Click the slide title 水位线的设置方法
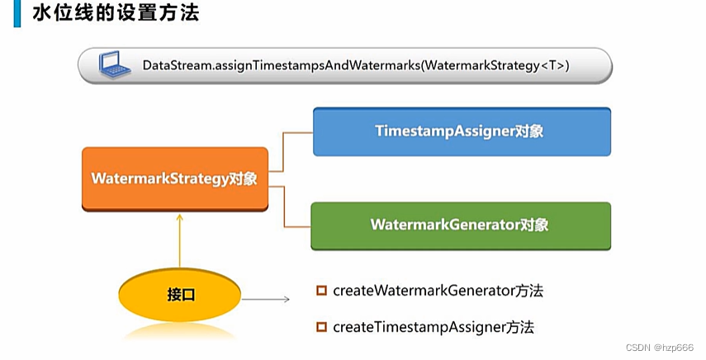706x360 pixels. (x=116, y=12)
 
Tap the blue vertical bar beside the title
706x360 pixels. (x=17, y=13)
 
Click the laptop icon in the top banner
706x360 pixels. (x=115, y=64)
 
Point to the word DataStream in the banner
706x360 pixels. (x=177, y=66)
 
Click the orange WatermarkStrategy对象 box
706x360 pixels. (x=175, y=178)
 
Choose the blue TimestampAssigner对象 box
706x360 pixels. (x=462, y=131)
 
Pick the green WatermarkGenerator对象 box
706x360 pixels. (x=461, y=225)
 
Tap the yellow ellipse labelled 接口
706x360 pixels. (x=180, y=295)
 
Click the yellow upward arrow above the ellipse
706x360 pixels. (x=180, y=241)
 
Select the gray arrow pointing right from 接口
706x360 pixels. (x=266, y=299)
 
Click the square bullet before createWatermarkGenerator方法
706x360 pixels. (x=321, y=291)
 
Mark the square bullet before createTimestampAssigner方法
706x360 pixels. (x=321, y=327)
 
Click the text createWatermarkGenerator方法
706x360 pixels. (x=438, y=291)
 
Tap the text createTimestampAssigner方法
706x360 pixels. (x=434, y=327)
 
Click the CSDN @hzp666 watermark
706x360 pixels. (x=659, y=348)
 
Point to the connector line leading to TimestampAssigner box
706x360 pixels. (x=282, y=152)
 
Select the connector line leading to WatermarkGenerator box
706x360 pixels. (x=284, y=206)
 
